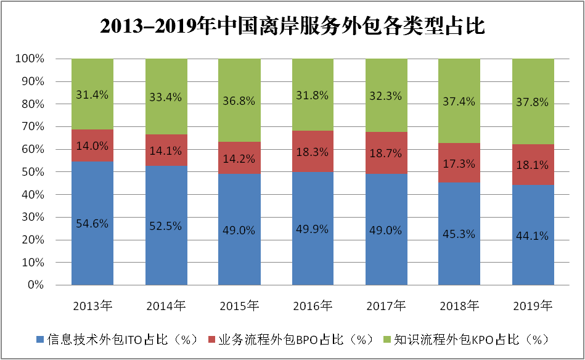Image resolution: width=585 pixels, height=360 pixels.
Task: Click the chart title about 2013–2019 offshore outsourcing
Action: point(292,26)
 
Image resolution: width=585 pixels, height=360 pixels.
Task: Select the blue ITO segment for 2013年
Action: point(92,247)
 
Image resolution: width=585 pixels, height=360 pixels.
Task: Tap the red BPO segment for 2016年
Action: point(313,152)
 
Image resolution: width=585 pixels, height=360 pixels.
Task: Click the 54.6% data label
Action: point(92,223)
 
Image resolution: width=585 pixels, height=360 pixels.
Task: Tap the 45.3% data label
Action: point(460,234)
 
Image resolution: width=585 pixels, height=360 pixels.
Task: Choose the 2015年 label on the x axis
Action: point(239,305)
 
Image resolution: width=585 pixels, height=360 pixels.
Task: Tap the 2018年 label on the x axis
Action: point(460,305)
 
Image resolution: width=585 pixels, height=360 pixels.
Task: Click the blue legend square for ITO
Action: point(41,340)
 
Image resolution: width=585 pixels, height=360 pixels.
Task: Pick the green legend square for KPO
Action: point(387,340)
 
